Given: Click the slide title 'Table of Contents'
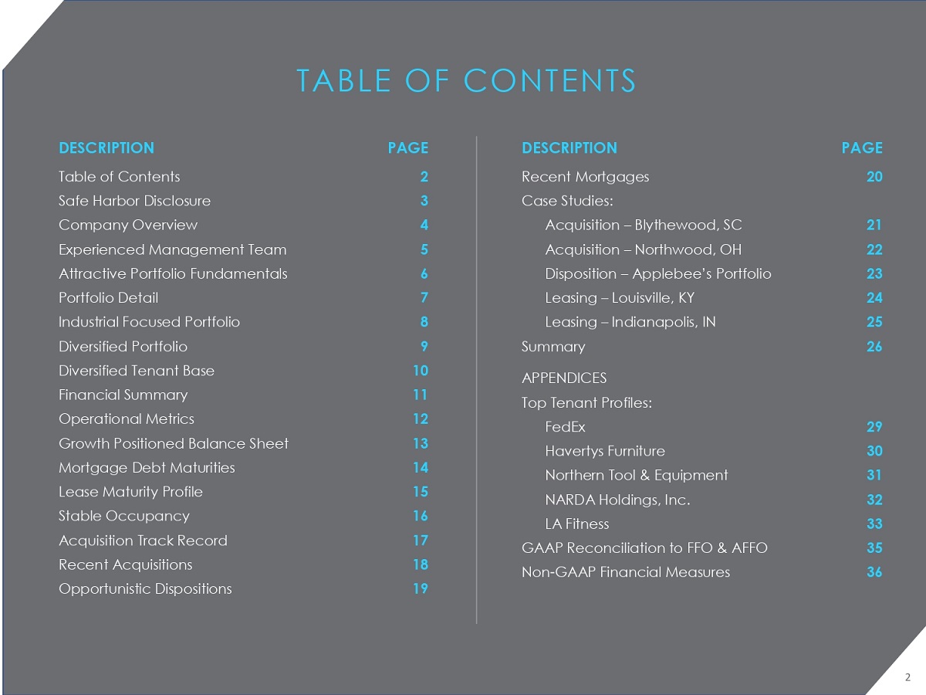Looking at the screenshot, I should (466, 81).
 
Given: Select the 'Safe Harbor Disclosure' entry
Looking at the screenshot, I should (134, 201).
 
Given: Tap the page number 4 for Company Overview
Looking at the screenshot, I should (424, 225).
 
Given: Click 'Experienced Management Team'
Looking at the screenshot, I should (172, 249).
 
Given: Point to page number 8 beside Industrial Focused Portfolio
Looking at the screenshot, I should (424, 321).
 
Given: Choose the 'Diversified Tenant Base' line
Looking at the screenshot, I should (137, 370).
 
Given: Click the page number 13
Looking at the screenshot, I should (421, 443).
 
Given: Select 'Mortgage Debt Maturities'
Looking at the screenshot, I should (147, 467).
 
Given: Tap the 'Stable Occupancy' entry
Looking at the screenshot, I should (123, 515).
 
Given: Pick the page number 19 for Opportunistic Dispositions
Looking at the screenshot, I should (421, 588).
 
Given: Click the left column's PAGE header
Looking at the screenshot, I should (407, 147).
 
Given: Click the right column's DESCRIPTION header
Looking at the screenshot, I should (569, 147).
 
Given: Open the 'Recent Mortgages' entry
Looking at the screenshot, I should (585, 176).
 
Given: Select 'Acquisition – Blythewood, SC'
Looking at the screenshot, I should (644, 225).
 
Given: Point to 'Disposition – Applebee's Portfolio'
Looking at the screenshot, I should (658, 273).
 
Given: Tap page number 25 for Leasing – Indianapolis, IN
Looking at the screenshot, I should (874, 321).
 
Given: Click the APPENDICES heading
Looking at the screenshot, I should (564, 378).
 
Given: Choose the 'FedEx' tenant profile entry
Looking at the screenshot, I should (565, 426).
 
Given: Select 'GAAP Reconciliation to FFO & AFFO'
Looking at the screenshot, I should (644, 548).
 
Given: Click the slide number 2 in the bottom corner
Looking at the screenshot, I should (907, 677).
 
